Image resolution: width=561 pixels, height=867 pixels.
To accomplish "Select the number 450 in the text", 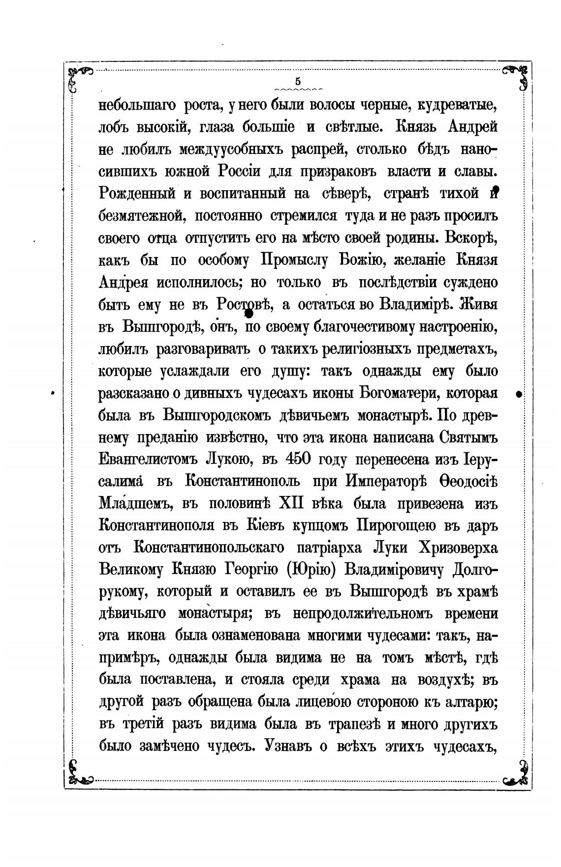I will click(x=297, y=459).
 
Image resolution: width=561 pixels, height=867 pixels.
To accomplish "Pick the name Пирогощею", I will click(x=396, y=525).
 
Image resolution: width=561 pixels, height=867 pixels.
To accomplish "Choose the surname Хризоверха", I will click(x=457, y=548).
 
